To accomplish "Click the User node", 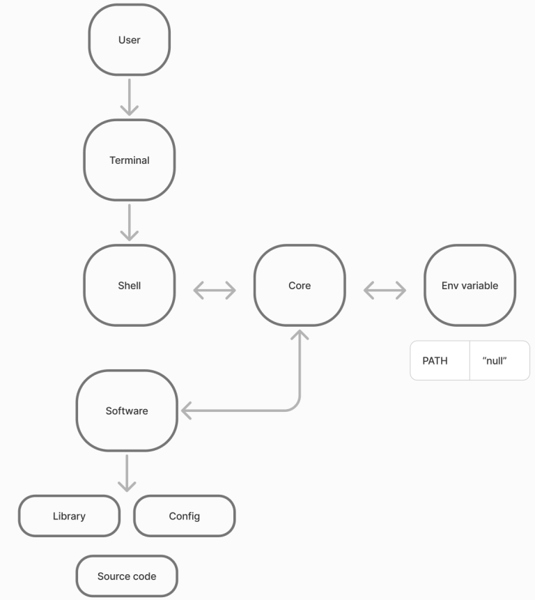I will coord(130,40).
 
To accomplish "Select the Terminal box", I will coord(130,160).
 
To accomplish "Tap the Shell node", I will coord(130,286).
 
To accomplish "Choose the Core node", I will coord(300,286).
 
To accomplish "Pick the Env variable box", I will coord(470,286).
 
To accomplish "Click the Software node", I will coord(127,411).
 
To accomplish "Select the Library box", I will coord(69,516).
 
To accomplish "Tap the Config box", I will coord(185,516).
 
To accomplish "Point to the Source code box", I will coord(127,576).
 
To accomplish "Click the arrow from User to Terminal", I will coord(130,97).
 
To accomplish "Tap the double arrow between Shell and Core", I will coord(215,290).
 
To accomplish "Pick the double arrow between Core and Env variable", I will coord(385,290).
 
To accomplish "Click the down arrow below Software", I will coord(127,474).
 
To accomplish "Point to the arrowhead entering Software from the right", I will coord(186,411).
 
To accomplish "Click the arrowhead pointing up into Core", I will coord(300,335).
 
